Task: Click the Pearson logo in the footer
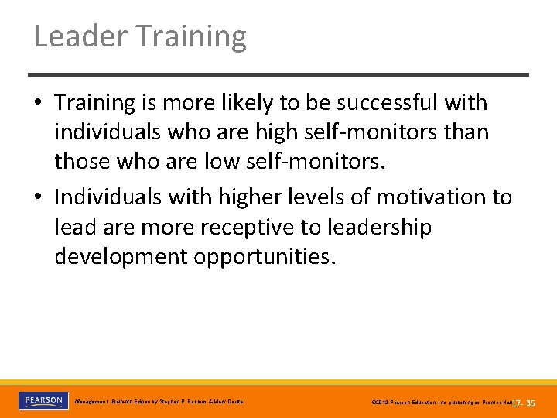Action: pos(43,401)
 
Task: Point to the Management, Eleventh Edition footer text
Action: pos(159,402)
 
